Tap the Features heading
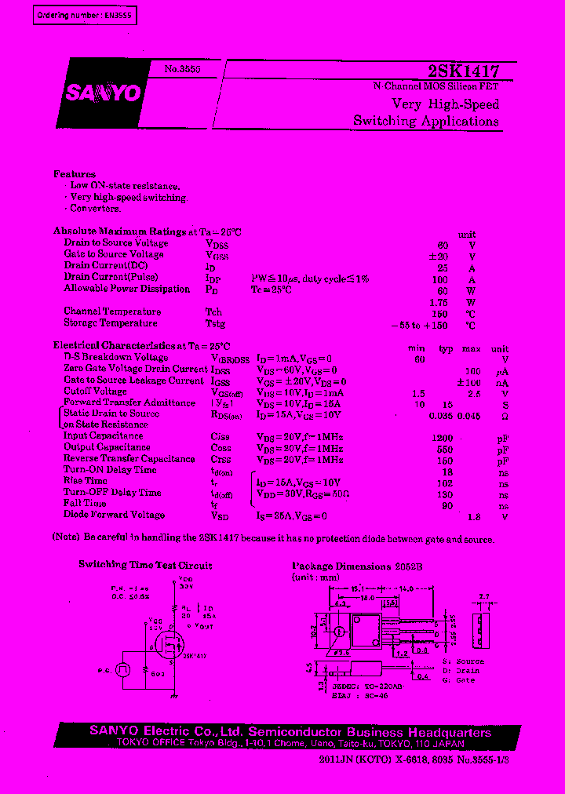coord(75,174)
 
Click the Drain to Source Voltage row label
coord(116,243)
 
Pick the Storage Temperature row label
coord(111,323)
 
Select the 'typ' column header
coord(447,348)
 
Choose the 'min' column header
coord(417,348)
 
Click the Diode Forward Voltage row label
coord(115,515)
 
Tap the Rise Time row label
coord(86,481)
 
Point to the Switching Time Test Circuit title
coord(145,565)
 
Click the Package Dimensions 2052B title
coord(352,566)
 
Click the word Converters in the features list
coord(95,209)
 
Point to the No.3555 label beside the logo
coord(182,70)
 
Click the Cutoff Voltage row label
coord(96,392)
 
